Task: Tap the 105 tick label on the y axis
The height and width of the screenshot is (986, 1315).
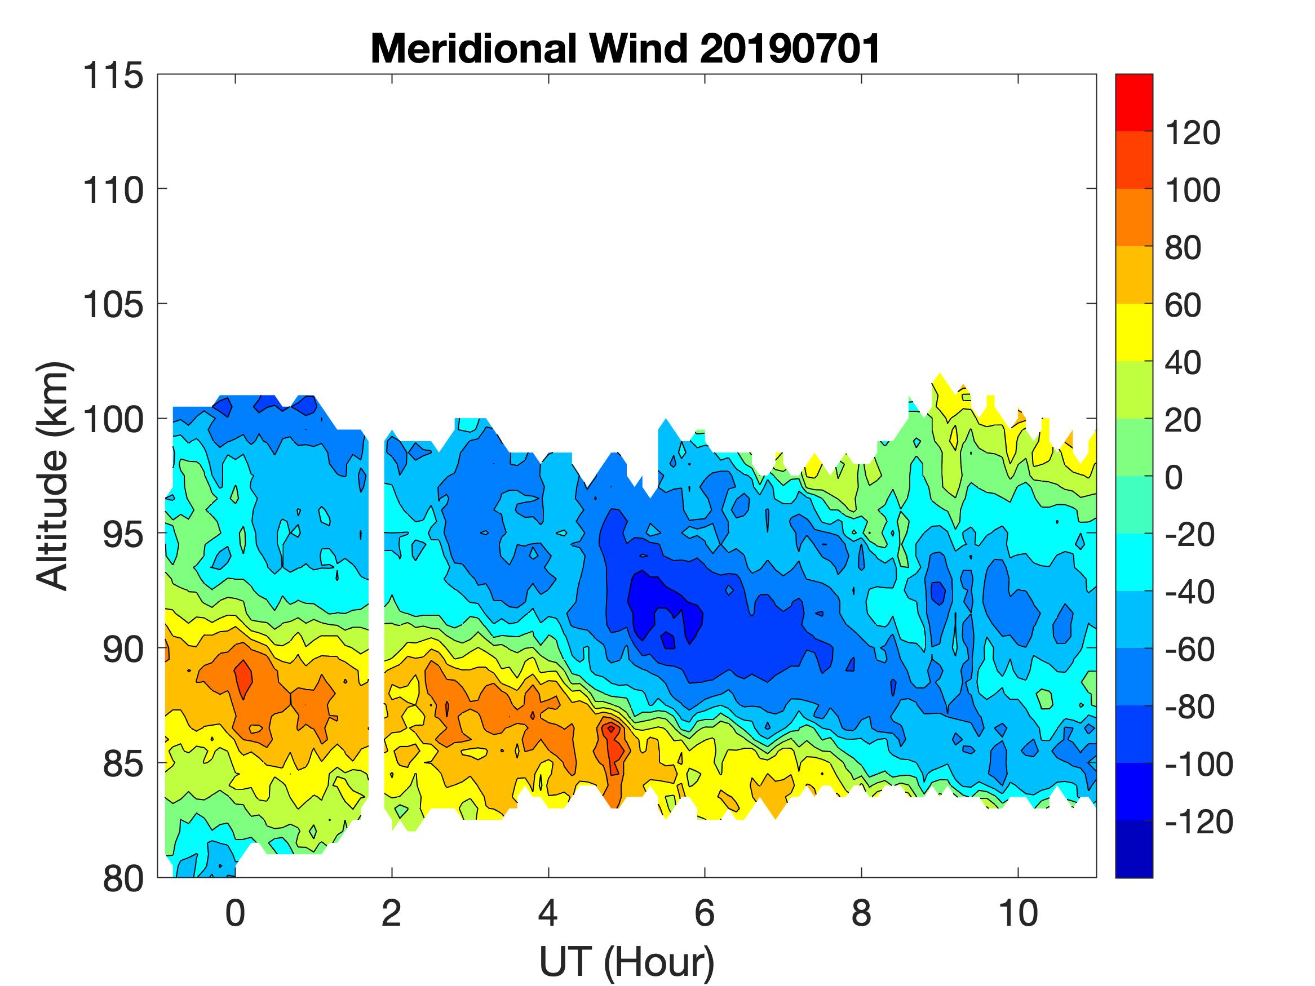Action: point(113,305)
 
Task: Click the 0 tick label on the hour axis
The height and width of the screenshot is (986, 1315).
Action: point(236,913)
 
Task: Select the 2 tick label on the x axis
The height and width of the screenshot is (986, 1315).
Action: point(392,913)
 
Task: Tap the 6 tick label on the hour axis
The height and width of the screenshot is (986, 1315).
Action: point(705,913)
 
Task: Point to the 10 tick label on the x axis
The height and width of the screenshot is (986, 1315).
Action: point(1018,913)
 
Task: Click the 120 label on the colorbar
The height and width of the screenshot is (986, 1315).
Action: point(1192,133)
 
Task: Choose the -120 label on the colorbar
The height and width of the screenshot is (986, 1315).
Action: point(1198,821)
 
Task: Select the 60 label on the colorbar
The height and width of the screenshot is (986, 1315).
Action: point(1183,305)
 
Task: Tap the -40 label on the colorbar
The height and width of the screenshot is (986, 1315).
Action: point(1189,592)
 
